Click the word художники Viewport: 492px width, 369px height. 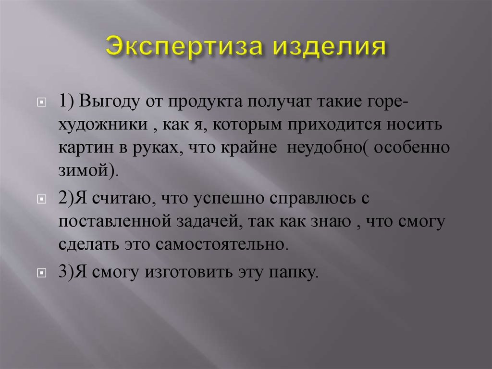pyautogui.click(x=103, y=124)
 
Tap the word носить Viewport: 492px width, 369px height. pyautogui.click(x=418, y=124)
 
